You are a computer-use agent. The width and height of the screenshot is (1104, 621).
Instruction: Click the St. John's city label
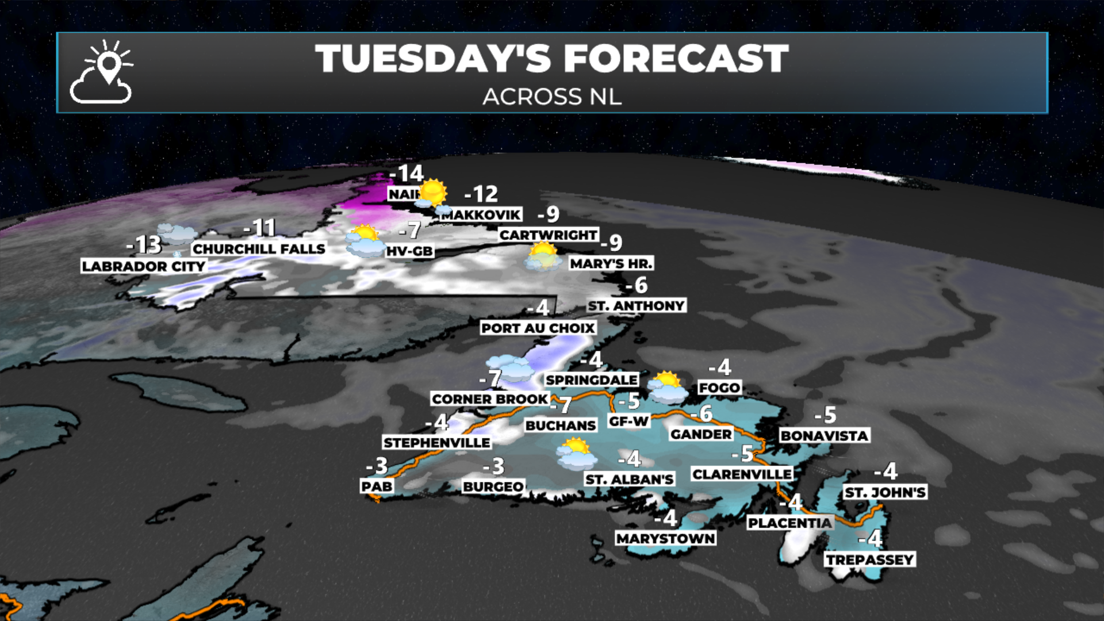885,492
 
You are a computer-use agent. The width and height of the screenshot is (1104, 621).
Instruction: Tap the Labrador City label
143,266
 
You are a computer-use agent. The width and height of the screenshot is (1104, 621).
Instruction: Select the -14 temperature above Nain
407,173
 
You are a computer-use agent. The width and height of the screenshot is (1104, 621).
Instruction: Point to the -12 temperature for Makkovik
481,194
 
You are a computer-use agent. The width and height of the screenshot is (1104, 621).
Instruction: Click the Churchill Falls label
259,248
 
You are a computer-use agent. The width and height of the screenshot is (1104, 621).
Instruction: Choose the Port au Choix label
538,328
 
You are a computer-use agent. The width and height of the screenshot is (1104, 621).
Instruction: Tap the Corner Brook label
490,398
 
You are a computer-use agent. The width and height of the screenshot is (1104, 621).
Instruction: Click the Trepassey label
870,559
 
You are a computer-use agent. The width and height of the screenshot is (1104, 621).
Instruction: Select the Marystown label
666,538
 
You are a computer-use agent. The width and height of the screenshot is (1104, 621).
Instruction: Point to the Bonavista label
824,435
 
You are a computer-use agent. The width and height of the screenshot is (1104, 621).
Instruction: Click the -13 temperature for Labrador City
144,245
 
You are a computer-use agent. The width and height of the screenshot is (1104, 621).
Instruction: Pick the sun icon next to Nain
432,193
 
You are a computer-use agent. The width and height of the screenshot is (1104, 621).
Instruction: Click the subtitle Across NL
552,97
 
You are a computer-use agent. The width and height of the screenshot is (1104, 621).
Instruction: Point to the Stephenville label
437,442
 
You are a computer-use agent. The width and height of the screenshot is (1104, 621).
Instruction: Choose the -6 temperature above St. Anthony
637,285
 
